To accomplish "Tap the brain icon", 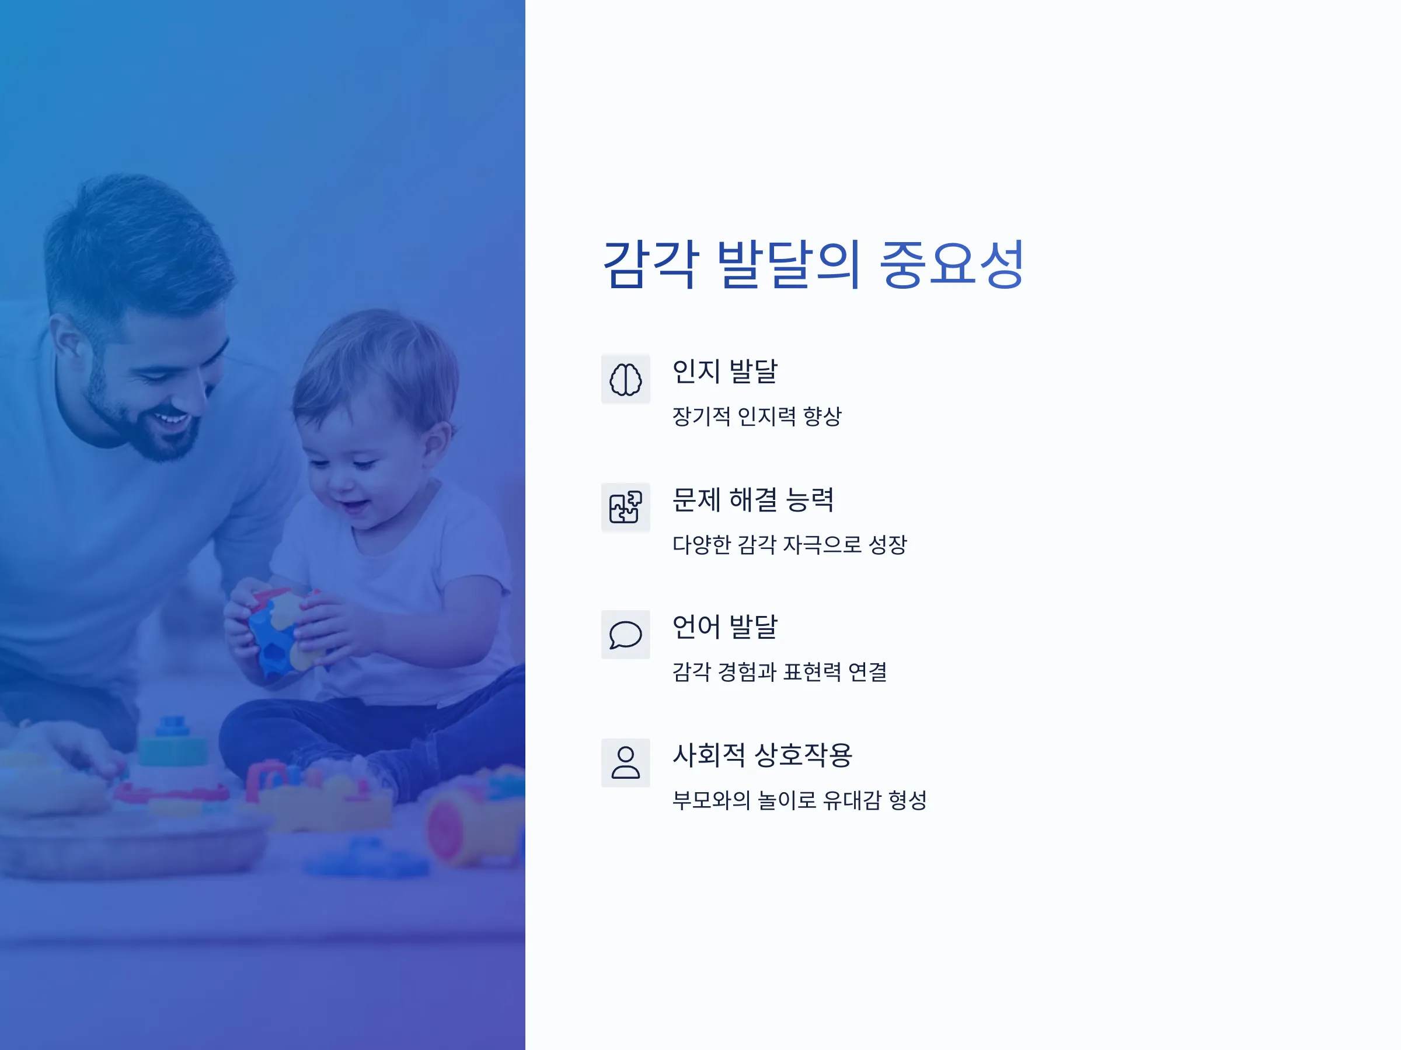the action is [625, 380].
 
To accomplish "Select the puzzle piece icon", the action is [625, 508].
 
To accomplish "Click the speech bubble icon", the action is [625, 635].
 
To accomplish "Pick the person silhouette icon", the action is [625, 762].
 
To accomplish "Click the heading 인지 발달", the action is [724, 372].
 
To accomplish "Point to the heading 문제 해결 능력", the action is [753, 499].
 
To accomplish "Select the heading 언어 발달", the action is [724, 626].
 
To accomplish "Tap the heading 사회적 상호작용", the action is [762, 754].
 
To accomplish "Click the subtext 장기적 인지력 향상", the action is [757, 416].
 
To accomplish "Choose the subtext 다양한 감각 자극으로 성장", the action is [790, 544].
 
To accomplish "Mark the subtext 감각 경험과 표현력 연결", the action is [780, 672].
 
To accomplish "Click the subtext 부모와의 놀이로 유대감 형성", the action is [799, 800].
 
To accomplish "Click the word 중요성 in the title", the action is [952, 265].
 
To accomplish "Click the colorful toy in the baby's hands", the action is [283, 630].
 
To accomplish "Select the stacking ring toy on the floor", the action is [172, 747].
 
